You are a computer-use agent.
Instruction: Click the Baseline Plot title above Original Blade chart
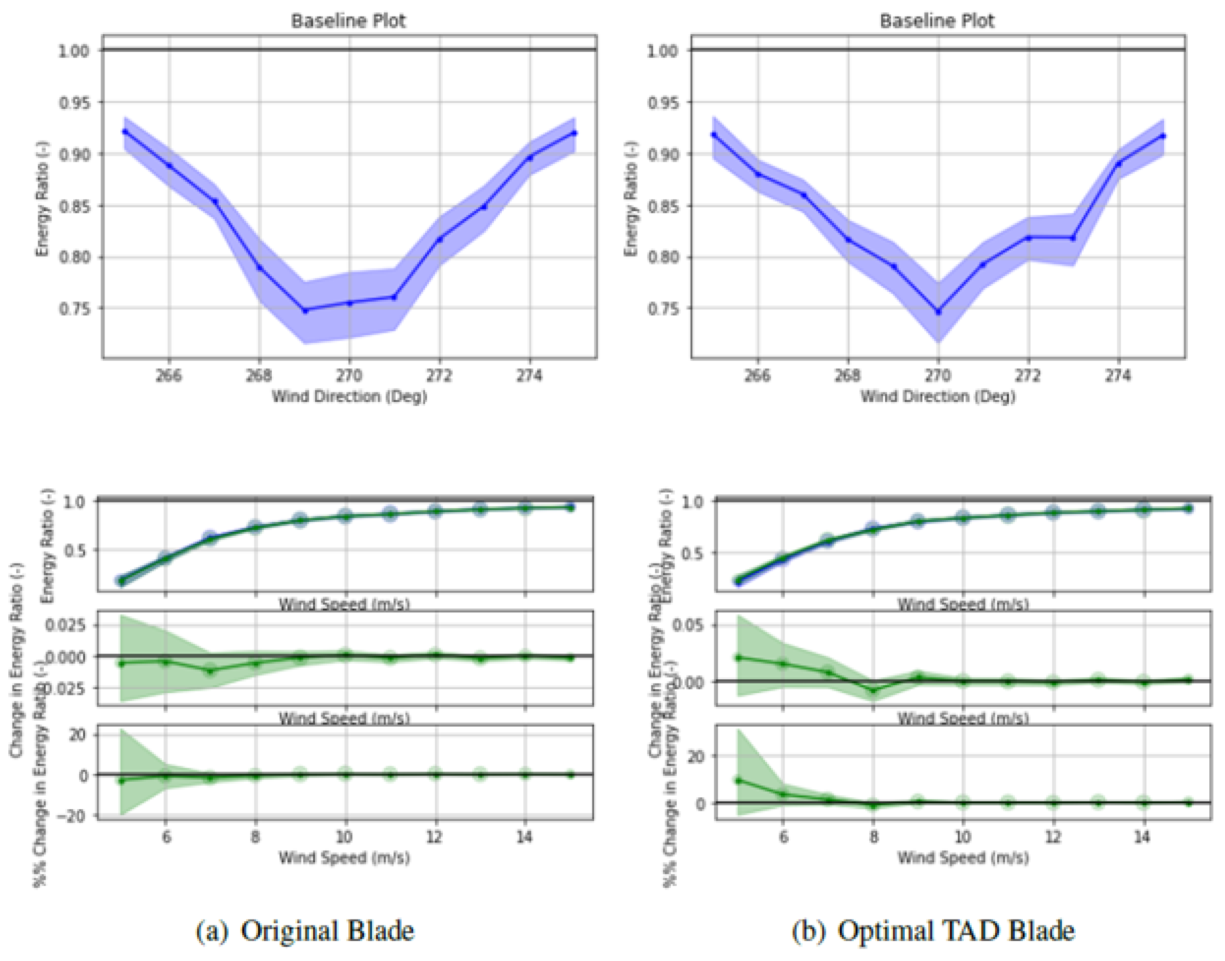[348, 21]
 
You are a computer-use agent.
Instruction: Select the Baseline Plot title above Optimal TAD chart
[937, 21]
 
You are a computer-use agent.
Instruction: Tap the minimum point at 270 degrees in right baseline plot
[938, 311]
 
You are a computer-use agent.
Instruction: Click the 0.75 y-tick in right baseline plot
[663, 309]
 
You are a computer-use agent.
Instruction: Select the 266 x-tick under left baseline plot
[169, 375]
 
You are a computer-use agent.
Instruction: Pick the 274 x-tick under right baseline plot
[1118, 375]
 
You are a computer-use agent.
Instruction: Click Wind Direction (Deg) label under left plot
[349, 397]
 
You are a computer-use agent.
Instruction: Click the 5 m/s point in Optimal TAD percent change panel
[739, 780]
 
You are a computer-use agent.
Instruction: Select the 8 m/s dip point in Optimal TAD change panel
[873, 690]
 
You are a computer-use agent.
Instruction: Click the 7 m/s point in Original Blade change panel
[210, 670]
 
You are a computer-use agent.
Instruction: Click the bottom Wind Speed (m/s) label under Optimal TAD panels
[962, 858]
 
